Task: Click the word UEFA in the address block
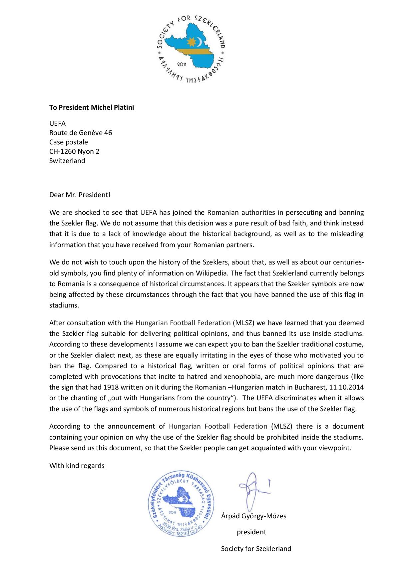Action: [x=57, y=124]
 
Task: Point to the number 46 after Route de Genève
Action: [x=108, y=133]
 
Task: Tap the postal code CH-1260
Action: [x=63, y=151]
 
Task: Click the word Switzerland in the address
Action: [x=67, y=161]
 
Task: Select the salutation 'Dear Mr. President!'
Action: [x=80, y=195]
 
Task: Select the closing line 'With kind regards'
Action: [x=77, y=465]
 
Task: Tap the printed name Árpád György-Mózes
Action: [x=253, y=516]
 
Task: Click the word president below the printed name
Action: [x=251, y=532]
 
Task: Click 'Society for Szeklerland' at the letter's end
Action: [x=256, y=549]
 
